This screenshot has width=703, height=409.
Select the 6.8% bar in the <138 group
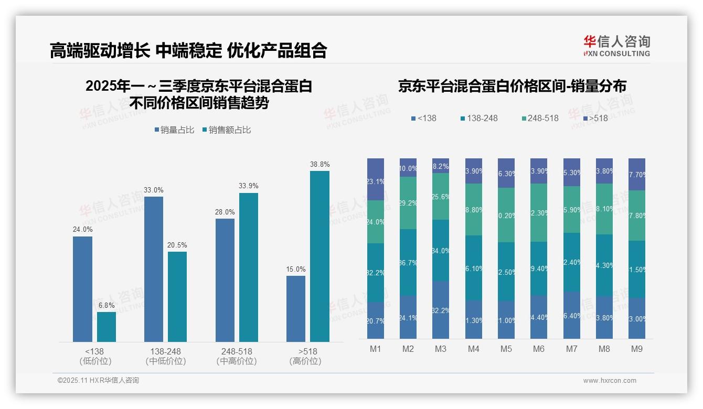(x=106, y=327)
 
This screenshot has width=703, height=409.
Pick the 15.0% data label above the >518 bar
(x=296, y=270)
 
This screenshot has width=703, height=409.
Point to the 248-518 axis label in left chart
(x=237, y=351)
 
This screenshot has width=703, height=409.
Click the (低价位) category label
(x=95, y=361)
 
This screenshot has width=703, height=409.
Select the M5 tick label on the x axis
(x=506, y=349)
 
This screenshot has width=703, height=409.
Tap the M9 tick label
(x=636, y=349)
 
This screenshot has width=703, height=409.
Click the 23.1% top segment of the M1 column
(x=376, y=179)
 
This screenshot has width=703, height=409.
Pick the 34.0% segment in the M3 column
(x=441, y=250)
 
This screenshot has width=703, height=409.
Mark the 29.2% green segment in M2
(x=408, y=202)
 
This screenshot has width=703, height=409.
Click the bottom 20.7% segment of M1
(x=376, y=320)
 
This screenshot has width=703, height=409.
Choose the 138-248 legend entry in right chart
(x=478, y=118)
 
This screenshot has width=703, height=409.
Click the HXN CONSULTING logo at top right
(x=616, y=46)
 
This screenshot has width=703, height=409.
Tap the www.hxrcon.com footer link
(x=609, y=381)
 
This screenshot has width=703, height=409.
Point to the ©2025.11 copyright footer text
(x=98, y=381)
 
